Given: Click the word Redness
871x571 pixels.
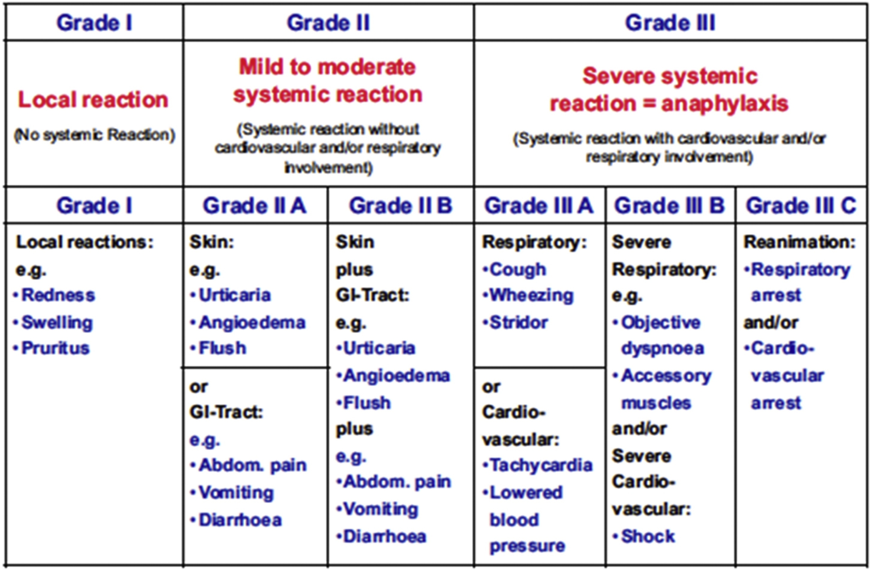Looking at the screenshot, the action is coord(58,295).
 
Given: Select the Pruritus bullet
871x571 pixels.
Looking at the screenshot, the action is coord(55,348).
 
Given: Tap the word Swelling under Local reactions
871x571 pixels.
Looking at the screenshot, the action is coord(57,323).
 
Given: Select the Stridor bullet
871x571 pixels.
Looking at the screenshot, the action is coord(519,323).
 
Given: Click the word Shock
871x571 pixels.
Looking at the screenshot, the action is coord(648,536).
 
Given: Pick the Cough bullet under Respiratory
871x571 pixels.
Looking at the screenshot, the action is coord(518,270).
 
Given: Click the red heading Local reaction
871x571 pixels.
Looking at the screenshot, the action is coord(93,100).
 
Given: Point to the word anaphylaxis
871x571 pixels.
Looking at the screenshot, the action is coord(725,104).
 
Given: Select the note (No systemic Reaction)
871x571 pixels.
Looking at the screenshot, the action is coord(95,135).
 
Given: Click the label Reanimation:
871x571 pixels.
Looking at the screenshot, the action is coord(800,242).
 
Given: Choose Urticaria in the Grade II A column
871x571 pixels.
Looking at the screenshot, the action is coord(234,295).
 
